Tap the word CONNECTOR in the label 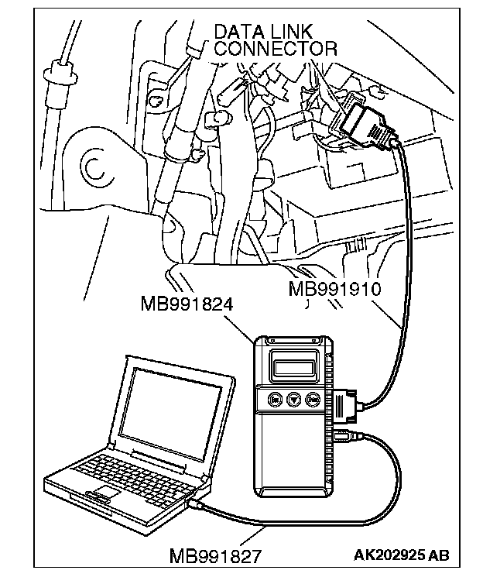click(x=276, y=49)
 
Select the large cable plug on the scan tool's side click(x=345, y=405)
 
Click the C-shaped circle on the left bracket click(x=94, y=166)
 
